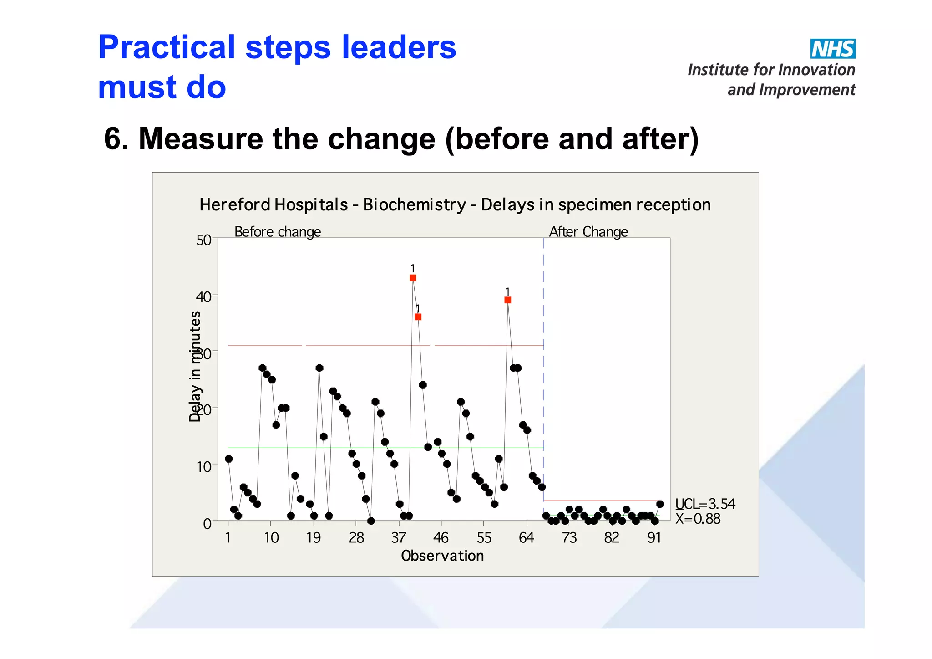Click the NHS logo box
coord(832,49)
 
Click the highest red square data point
coord(413,278)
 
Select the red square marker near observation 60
coord(508,300)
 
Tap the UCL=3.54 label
coord(705,504)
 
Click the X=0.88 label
coord(698,519)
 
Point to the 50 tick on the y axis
coord(204,240)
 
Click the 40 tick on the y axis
coord(204,297)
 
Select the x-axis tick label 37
coord(399,538)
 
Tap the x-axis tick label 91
coord(654,538)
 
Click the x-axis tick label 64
coord(526,538)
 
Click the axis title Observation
coord(442,556)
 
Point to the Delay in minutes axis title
coord(195,366)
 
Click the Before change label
coord(278,232)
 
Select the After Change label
coord(588,232)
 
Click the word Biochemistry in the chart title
coord(414,205)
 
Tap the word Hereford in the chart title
coord(235,205)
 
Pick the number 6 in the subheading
coord(112,138)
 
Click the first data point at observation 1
coord(229,459)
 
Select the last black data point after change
coord(660,504)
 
